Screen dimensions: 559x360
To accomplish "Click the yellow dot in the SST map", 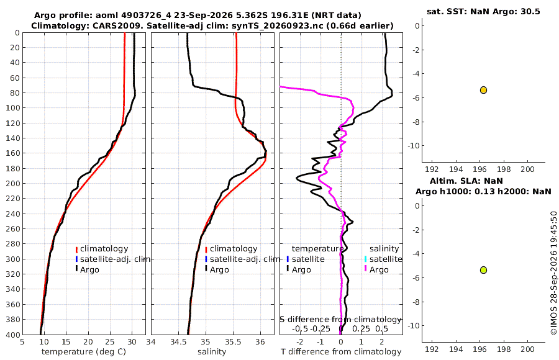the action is pyautogui.click(x=483, y=90).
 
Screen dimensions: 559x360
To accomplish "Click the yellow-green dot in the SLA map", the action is pyautogui.click(x=483, y=270).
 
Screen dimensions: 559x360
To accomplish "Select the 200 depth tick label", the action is pyautogui.click(x=13, y=183).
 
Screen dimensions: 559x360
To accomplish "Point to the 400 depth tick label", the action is pyautogui.click(x=13, y=335).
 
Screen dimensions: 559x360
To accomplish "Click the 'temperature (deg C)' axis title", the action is pyautogui.click(x=84, y=352).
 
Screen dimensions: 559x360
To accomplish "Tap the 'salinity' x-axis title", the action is pyautogui.click(x=212, y=352).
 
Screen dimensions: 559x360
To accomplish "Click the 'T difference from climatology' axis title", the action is pyautogui.click(x=341, y=352).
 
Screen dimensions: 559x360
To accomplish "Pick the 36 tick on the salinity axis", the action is pyautogui.click(x=260, y=342).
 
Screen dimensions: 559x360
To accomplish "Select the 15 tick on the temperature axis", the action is pyautogui.click(x=66, y=342).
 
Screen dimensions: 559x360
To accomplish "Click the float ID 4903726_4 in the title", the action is pyautogui.click(x=147, y=16).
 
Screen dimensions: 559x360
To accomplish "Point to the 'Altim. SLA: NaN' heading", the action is pyautogui.click(x=466, y=181).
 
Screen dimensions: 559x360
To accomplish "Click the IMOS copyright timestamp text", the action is pyautogui.click(x=553, y=272).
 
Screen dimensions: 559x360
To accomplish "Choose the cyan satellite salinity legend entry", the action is pyautogui.click(x=383, y=259).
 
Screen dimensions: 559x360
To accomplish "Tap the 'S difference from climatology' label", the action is pyautogui.click(x=341, y=320).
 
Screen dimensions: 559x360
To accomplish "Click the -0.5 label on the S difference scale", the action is pyautogui.click(x=300, y=328).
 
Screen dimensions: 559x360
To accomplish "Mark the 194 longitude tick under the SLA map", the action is pyautogui.click(x=456, y=349).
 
